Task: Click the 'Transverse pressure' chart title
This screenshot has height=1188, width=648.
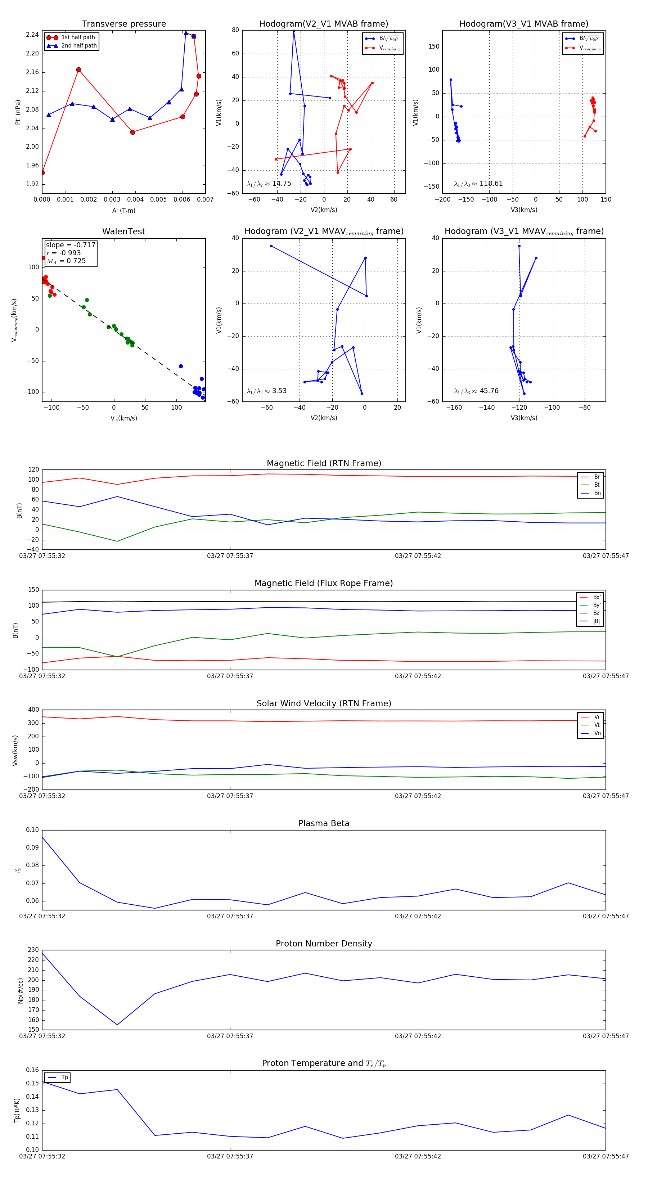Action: coord(123,24)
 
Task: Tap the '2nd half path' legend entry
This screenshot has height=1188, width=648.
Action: coord(79,46)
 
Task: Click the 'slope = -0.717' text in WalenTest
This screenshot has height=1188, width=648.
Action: coord(71,245)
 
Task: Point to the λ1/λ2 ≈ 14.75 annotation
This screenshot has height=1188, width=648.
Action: coord(269,184)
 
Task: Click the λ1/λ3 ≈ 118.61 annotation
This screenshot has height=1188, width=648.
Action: coord(478,184)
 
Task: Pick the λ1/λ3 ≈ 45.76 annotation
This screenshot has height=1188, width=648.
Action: coord(476,391)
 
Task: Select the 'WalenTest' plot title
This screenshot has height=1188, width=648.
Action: coord(123,231)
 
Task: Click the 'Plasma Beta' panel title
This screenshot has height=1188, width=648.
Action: coord(324,823)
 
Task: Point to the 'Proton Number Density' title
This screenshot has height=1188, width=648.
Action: coord(324,944)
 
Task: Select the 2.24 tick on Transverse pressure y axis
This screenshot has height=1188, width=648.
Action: coord(32,35)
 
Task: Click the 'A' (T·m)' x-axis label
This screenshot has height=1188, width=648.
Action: coord(123,210)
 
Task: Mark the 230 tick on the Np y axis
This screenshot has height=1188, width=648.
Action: coord(33,950)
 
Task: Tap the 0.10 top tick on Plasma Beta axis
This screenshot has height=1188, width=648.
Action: coord(32,830)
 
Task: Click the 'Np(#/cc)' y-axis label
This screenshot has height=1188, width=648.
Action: coord(20,991)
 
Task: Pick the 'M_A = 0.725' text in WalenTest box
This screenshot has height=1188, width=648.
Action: coord(66,261)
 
